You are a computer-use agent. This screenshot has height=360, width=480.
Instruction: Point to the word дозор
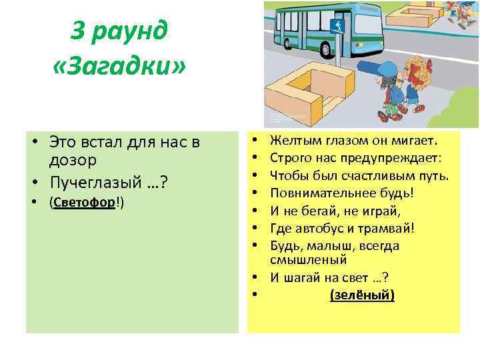[73, 161]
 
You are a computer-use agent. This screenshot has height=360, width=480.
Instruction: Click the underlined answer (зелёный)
[362, 294]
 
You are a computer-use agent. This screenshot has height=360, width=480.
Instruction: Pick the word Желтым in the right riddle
[289, 141]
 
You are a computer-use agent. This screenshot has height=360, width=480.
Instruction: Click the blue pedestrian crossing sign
[335, 26]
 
